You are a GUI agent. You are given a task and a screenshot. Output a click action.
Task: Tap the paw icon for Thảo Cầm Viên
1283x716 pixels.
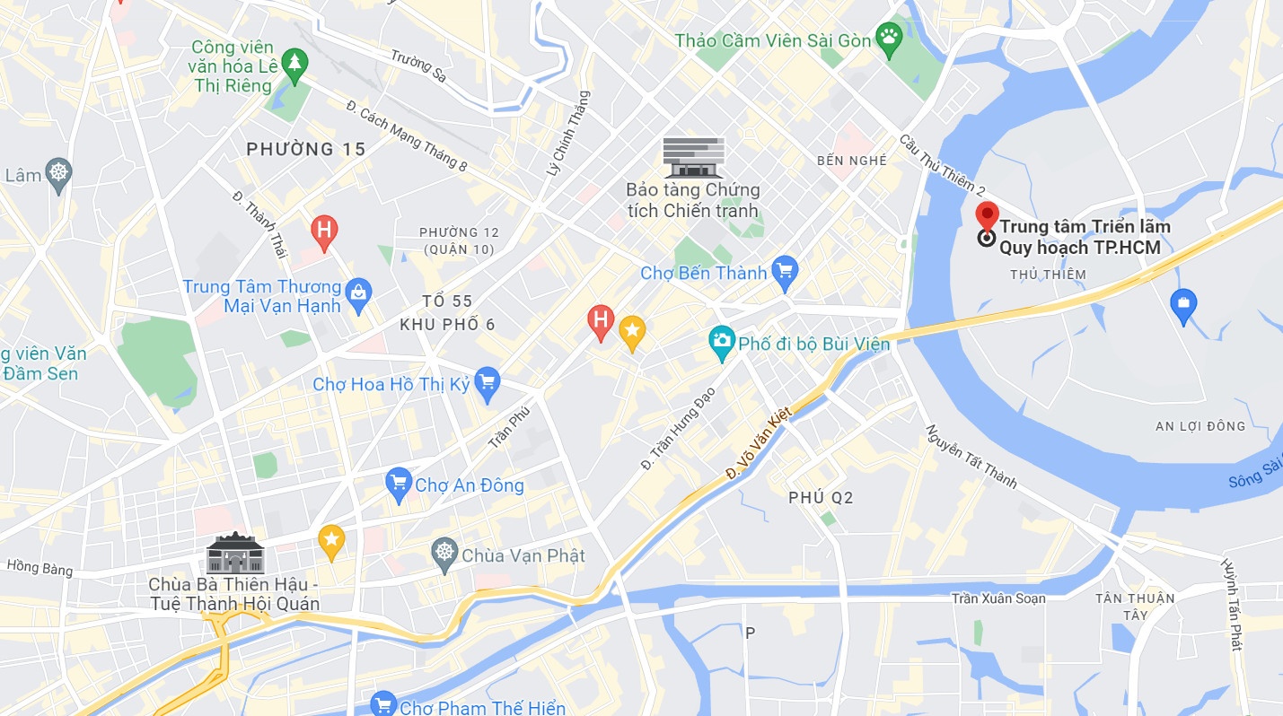[889, 39]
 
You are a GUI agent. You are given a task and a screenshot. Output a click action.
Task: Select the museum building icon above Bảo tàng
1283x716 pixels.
[693, 156]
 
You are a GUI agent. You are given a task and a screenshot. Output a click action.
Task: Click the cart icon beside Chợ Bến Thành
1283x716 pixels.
[785, 272]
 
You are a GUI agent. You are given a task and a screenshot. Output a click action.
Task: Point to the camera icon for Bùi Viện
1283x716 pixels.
[721, 342]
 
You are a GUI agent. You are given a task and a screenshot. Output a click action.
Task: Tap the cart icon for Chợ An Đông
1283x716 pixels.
[398, 485]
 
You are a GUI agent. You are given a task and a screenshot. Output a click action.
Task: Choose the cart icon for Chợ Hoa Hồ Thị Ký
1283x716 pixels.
[487, 383]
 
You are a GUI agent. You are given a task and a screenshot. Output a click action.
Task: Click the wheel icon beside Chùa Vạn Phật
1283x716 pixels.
[444, 555]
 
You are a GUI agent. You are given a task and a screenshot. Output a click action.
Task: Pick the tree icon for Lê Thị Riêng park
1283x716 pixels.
[293, 64]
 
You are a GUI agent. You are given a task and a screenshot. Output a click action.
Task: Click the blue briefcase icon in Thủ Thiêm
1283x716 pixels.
[1183, 305]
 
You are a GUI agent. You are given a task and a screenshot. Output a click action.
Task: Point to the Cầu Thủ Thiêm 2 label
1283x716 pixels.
[943, 166]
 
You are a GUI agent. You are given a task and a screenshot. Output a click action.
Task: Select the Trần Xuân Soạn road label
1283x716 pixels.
[998, 598]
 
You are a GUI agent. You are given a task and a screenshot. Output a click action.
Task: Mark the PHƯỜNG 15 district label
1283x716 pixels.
[306, 149]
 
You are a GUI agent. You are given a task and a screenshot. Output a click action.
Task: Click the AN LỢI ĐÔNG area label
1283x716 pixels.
[1200, 426]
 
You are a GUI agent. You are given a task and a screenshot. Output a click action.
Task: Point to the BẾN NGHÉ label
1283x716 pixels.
[852, 161]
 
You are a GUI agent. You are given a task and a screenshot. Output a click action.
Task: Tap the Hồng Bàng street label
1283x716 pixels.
[40, 567]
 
